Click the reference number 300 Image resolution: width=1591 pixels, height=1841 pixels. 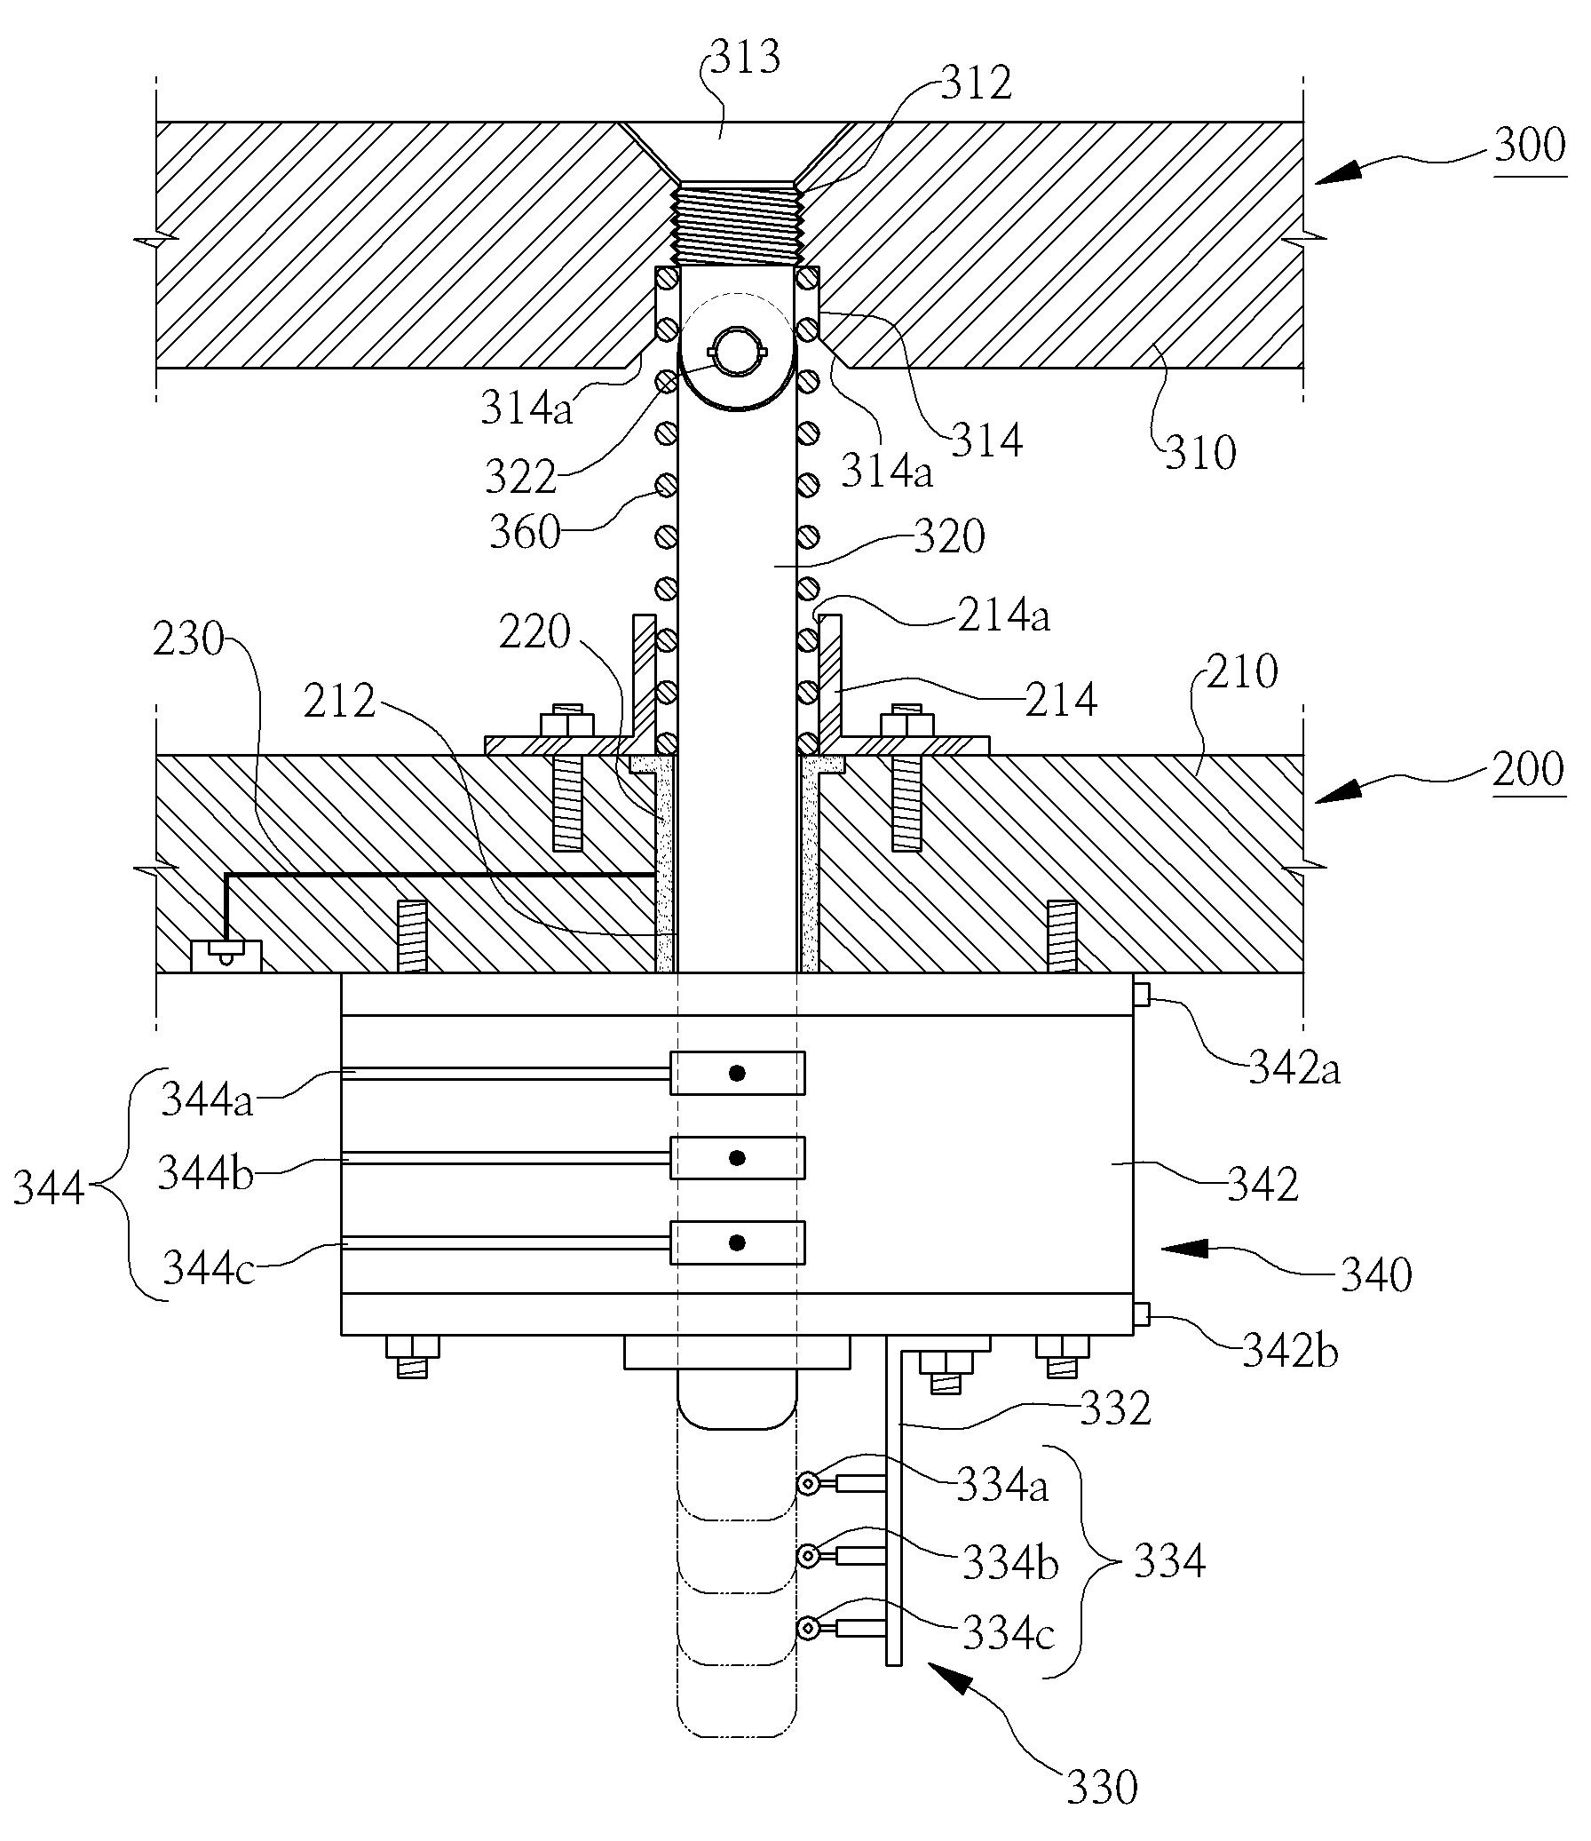point(1530,145)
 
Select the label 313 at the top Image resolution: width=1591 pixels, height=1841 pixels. point(744,56)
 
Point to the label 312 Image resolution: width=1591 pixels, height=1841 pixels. point(977,83)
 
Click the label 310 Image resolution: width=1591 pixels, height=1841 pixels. point(1200,453)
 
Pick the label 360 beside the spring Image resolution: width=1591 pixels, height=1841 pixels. point(525,533)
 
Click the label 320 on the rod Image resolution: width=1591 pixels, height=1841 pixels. point(949,537)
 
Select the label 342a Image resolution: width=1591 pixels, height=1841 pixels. point(1294,1068)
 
